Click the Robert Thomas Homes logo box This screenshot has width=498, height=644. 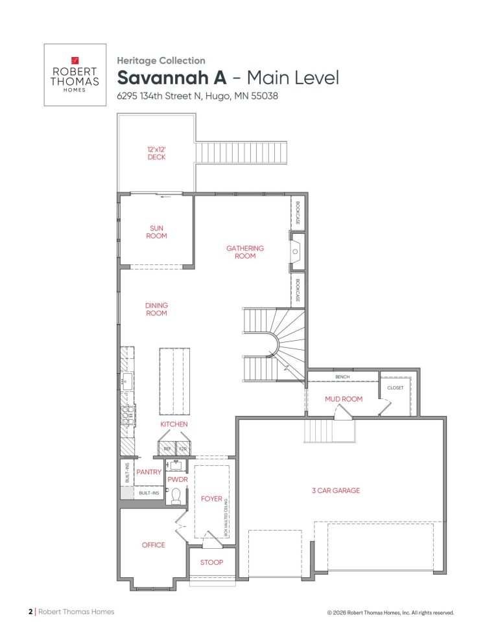click(75, 75)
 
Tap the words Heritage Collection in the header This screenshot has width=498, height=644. click(161, 61)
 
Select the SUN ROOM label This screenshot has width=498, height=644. click(157, 232)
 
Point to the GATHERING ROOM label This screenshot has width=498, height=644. click(245, 251)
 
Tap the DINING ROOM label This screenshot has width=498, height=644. click(156, 309)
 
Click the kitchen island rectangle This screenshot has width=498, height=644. click(175, 380)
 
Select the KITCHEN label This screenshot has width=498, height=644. click(174, 424)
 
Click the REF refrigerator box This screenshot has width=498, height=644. click(167, 448)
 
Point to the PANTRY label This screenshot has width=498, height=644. click(148, 472)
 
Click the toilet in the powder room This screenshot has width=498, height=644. click(175, 496)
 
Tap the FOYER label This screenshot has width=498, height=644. click(211, 500)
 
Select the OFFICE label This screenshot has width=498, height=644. click(153, 545)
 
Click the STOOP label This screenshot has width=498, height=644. click(211, 562)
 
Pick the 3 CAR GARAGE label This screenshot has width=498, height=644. click(336, 490)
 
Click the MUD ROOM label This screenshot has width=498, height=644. click(343, 399)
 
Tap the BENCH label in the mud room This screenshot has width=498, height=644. click(342, 376)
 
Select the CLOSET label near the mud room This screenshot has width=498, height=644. click(395, 387)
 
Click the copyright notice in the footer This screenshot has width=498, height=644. click(391, 612)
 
